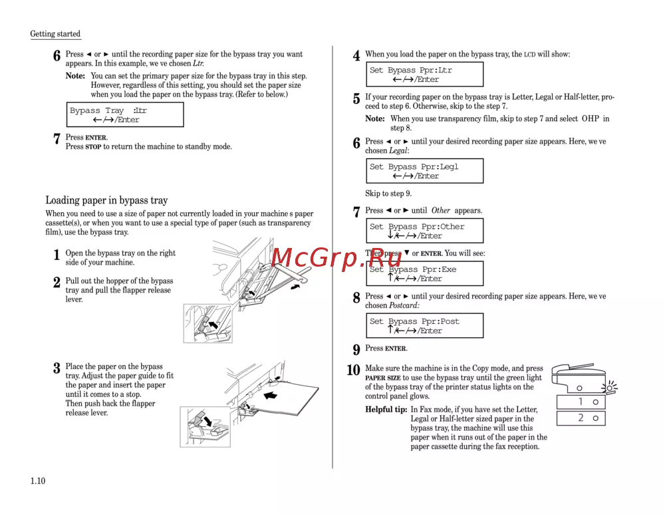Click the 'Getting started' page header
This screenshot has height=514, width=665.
click(55, 34)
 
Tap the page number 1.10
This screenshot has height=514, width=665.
click(37, 481)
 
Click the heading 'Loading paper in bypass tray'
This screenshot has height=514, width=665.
click(106, 200)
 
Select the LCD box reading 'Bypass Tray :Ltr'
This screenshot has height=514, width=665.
click(125, 115)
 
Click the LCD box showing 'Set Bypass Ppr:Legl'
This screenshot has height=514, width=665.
click(424, 171)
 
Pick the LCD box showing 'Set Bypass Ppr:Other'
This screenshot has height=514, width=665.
click(424, 231)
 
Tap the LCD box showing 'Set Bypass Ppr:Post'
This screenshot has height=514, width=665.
click(424, 326)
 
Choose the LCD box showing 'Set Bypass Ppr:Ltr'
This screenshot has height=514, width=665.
click(424, 74)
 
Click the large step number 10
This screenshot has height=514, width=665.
click(353, 370)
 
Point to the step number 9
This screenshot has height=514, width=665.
click(356, 350)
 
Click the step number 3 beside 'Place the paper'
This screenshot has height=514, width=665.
click(57, 368)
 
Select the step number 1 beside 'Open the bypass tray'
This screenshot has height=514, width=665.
click(57, 255)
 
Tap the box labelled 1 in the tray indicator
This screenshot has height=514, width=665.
click(581, 402)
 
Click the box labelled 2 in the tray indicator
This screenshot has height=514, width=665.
click(581, 418)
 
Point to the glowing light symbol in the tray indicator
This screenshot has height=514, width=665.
click(608, 386)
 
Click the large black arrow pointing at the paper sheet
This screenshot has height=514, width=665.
click(271, 396)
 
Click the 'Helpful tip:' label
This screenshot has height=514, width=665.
click(386, 410)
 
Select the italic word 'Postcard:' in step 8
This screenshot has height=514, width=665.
click(404, 306)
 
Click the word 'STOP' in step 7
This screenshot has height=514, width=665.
click(93, 147)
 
